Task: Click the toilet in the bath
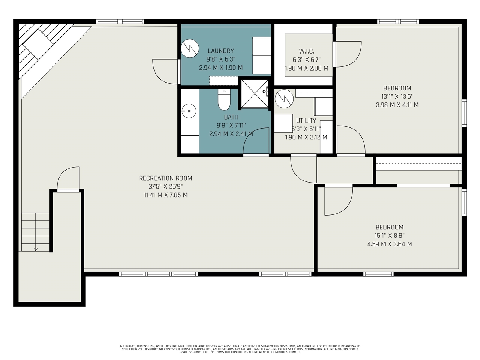224,99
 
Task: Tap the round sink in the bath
189,111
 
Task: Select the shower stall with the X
255,94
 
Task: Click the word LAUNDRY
220,51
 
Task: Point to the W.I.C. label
307,51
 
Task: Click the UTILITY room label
306,121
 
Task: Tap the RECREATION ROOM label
165,178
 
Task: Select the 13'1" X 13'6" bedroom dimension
397,96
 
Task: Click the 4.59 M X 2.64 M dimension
390,244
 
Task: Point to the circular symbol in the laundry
190,48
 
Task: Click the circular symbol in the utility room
284,99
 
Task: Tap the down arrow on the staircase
35,249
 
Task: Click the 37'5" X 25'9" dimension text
165,187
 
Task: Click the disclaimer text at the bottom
240,349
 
